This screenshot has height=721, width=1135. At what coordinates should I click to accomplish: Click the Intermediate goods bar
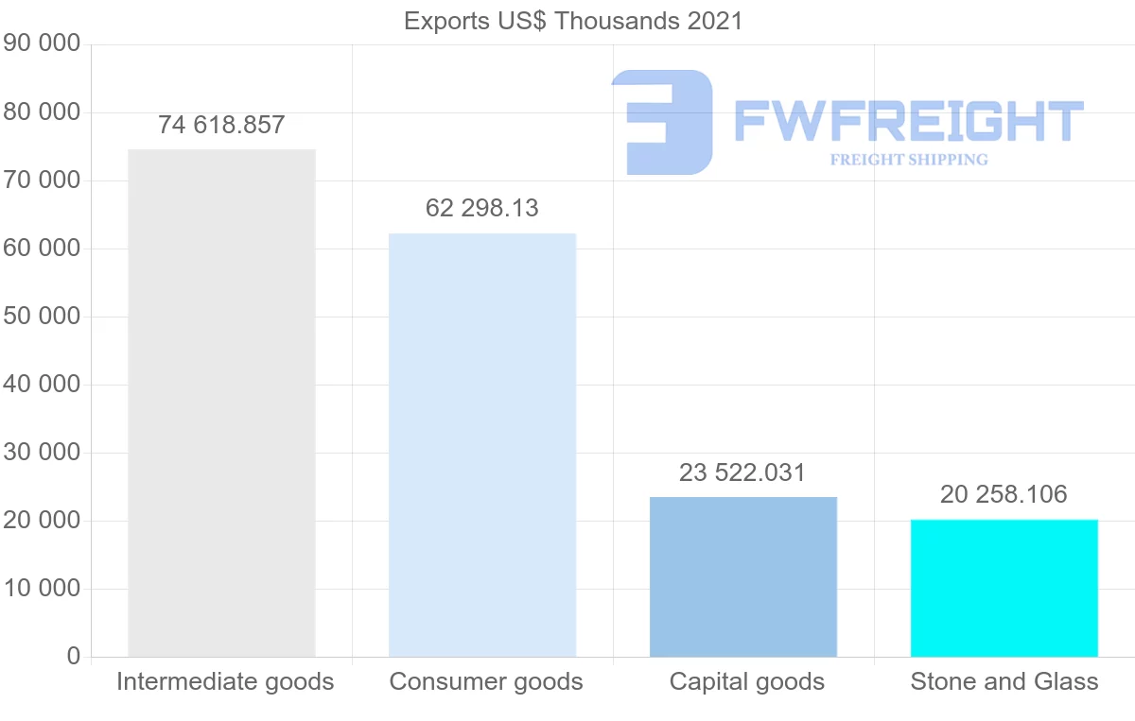pos(221,403)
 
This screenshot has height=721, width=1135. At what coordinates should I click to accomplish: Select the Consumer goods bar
pos(482,444)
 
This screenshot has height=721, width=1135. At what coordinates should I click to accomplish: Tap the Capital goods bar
pos(743,576)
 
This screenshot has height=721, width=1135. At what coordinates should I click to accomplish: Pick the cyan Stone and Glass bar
pos(1004,588)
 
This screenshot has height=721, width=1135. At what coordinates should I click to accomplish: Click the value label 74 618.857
pos(221,125)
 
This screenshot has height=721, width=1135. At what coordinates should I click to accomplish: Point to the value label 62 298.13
pos(482,208)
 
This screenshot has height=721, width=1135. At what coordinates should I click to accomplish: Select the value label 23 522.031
pos(742,472)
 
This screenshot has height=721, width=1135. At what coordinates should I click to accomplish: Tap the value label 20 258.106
pos(1004,494)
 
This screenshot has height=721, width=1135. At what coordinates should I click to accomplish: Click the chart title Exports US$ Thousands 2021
pos(573,21)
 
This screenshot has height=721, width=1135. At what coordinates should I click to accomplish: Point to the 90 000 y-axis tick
pos(42,44)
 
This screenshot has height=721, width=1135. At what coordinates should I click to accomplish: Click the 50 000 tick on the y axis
pos(42,317)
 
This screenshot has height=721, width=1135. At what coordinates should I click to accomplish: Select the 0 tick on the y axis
pos(74,657)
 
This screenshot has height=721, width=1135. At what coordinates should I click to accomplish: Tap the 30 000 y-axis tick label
pos(42,453)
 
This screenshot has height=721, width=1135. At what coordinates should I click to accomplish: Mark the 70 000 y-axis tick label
pos(42,180)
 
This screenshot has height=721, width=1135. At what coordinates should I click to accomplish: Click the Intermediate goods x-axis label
pos(225,681)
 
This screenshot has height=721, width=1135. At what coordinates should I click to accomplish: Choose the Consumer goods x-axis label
pos(486,681)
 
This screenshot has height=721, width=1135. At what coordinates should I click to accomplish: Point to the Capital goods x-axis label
pos(747,681)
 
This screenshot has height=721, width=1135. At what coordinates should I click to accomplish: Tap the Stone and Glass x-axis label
pos(1004,681)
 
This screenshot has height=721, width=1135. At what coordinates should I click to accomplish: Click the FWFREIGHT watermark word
pos(908,122)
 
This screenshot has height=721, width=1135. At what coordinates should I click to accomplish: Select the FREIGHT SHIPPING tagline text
pos(909,160)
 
